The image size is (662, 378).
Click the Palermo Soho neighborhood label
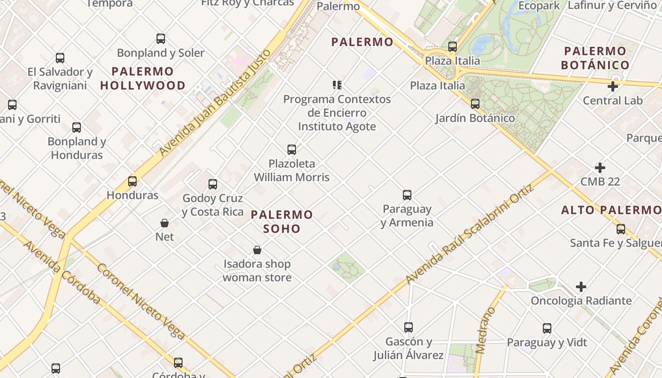pyautogui.click(x=282, y=222)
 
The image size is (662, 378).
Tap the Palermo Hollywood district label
pyautogui.click(x=143, y=78)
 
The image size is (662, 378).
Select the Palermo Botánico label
pyautogui.click(x=595, y=58)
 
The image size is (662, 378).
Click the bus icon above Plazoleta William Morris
pyautogui.click(x=292, y=150)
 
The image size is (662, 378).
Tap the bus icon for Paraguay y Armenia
pyautogui.click(x=407, y=195)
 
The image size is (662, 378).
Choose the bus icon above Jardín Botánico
pyautogui.click(x=475, y=104)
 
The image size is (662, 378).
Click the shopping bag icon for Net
pyautogui.click(x=165, y=223)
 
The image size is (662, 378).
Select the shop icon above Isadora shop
pyautogui.click(x=257, y=250)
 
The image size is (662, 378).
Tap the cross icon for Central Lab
pyautogui.click(x=613, y=86)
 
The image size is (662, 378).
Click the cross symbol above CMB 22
pyautogui.click(x=600, y=168)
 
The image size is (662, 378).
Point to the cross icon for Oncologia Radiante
pyautogui.click(x=581, y=287)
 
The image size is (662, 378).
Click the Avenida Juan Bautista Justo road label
pyautogui.click(x=216, y=103)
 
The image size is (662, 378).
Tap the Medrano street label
pyautogui.click(x=486, y=330)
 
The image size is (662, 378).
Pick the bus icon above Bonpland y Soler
pyautogui.click(x=161, y=39)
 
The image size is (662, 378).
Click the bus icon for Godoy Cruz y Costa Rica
pyautogui.click(x=213, y=184)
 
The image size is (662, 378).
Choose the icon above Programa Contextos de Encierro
pyautogui.click(x=337, y=85)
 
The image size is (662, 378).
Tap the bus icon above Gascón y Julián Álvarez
pyautogui.click(x=409, y=327)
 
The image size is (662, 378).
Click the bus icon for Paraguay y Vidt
pyautogui.click(x=547, y=328)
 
